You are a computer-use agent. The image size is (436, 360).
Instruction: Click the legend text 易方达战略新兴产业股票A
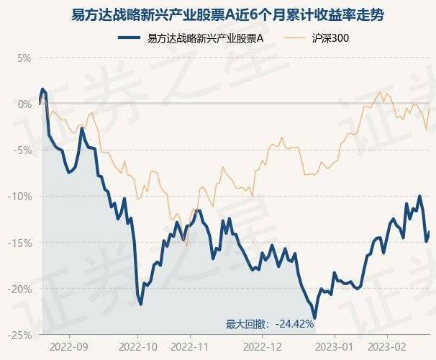pos(204,37)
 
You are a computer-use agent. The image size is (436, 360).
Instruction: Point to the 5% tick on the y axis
pos(25,58)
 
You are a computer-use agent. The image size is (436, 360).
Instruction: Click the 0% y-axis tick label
pos(25,104)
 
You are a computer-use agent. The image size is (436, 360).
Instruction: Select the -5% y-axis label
pos(24,150)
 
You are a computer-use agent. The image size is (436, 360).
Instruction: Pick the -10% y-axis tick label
pos(22,196)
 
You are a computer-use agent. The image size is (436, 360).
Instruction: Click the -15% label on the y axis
pos(22,243)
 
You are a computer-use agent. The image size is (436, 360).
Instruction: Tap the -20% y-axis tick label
pos(22,289)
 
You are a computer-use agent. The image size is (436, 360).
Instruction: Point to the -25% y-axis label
pos(22,335)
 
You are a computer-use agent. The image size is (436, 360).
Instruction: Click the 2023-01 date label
pos(335,346)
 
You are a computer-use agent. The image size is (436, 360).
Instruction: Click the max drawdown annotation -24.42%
pos(271,324)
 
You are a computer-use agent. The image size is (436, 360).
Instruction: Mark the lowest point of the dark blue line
pos(315,318)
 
